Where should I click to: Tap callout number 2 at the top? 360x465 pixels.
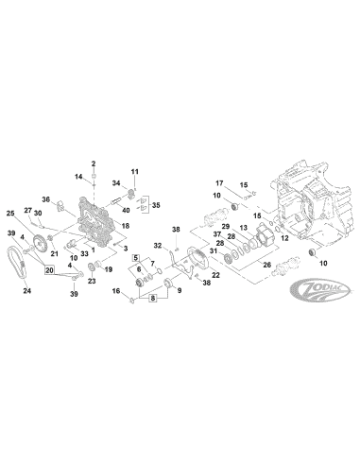pos(94,164)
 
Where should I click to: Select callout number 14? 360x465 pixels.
pos(80,178)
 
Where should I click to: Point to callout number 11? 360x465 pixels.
pos(134,171)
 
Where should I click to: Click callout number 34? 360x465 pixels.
pos(116,182)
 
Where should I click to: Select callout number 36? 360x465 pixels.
pos(44,198)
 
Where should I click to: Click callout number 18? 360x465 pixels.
pos(123,227)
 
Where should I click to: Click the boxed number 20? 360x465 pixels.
pos(49,269)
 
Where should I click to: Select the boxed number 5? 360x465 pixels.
pos(136,257)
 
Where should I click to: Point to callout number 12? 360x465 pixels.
pos(284,238)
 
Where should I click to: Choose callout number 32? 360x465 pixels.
pos(159,246)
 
